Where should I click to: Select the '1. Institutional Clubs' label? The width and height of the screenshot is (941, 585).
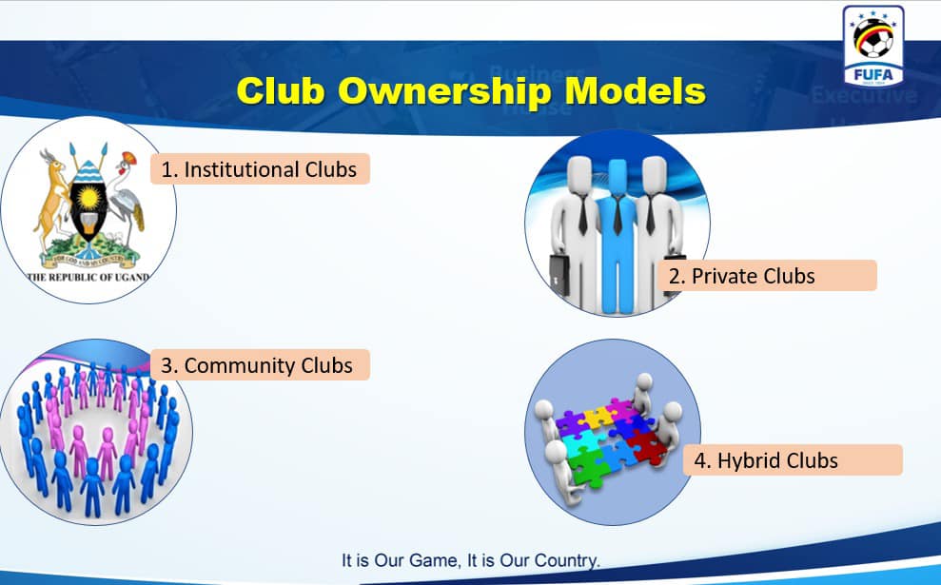(x=260, y=169)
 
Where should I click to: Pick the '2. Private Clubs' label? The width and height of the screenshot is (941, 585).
(x=767, y=276)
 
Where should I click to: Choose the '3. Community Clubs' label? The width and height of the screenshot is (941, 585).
(x=260, y=365)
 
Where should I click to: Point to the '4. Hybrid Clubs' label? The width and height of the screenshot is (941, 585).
(x=793, y=460)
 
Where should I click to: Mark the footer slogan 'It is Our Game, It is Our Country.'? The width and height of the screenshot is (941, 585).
(x=471, y=560)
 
